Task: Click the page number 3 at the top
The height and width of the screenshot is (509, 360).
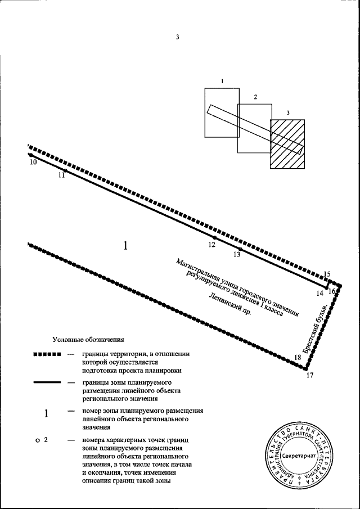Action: click(177, 38)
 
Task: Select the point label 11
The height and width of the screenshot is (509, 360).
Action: click(61, 175)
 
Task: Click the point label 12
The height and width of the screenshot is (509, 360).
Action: click(211, 245)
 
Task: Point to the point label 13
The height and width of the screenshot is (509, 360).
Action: click(236, 255)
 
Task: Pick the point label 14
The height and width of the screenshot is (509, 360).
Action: click(319, 293)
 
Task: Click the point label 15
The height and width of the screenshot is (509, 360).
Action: click(327, 274)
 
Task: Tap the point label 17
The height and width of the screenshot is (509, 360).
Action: click(310, 376)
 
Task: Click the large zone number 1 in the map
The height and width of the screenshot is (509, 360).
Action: click(126, 245)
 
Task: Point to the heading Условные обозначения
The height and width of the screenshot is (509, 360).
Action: click(88, 340)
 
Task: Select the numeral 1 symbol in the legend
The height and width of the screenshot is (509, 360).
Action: click(47, 414)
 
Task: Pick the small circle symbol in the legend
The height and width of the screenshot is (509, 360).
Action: click(37, 440)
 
